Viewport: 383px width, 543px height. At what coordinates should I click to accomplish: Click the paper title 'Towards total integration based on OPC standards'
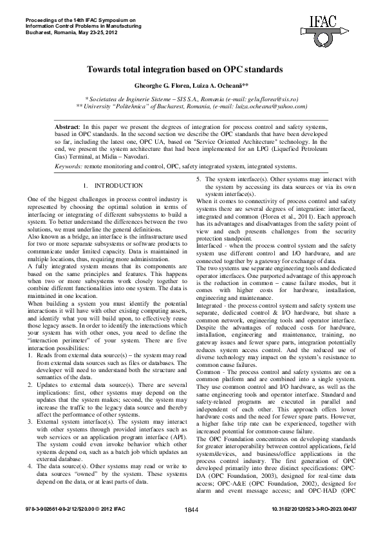(191, 68)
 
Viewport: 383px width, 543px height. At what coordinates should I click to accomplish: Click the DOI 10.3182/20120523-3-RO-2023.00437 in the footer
(309, 526)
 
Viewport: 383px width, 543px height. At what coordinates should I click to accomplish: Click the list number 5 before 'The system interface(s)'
(199, 179)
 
